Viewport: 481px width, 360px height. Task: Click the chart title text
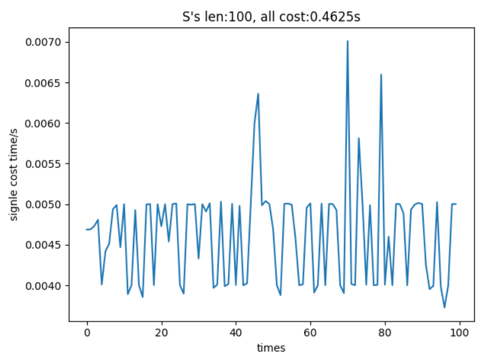tap(271, 16)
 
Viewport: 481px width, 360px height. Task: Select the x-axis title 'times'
tap(271, 348)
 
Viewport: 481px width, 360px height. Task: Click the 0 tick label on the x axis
tap(87, 333)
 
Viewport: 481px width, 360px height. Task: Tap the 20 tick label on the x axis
tap(162, 333)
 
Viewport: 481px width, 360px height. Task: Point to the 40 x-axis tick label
tap(236, 333)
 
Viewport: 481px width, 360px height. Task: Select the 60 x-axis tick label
tap(310, 333)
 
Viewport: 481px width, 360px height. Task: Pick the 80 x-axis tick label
tap(385, 333)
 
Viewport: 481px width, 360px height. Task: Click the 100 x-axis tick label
tap(459, 333)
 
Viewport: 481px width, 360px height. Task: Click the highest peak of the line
tap(347, 41)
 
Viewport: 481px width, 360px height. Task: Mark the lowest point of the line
tap(444, 307)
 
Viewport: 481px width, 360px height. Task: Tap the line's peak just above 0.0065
tap(381, 75)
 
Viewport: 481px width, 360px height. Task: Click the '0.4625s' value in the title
tap(338, 16)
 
